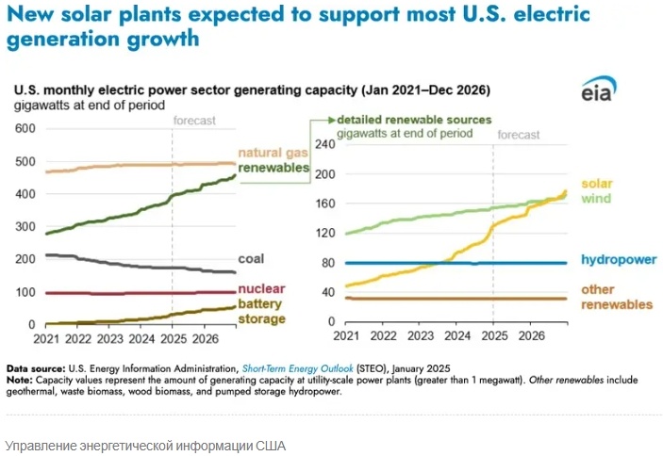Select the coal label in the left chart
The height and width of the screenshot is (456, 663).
(x=252, y=258)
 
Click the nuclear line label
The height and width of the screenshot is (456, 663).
(x=261, y=288)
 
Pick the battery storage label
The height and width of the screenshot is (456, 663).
(x=259, y=312)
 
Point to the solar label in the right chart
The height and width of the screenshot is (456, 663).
(x=597, y=183)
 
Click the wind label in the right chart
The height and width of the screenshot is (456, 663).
(x=596, y=199)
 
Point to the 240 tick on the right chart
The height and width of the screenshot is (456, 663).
(x=324, y=144)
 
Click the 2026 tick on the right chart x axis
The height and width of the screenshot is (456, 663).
(x=531, y=335)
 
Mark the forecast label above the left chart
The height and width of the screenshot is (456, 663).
(x=195, y=121)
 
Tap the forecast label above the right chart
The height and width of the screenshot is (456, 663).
(x=519, y=135)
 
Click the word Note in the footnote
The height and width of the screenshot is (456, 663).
(x=20, y=378)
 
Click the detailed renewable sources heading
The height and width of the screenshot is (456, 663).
(x=415, y=121)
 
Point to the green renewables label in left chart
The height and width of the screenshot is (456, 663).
(x=273, y=168)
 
